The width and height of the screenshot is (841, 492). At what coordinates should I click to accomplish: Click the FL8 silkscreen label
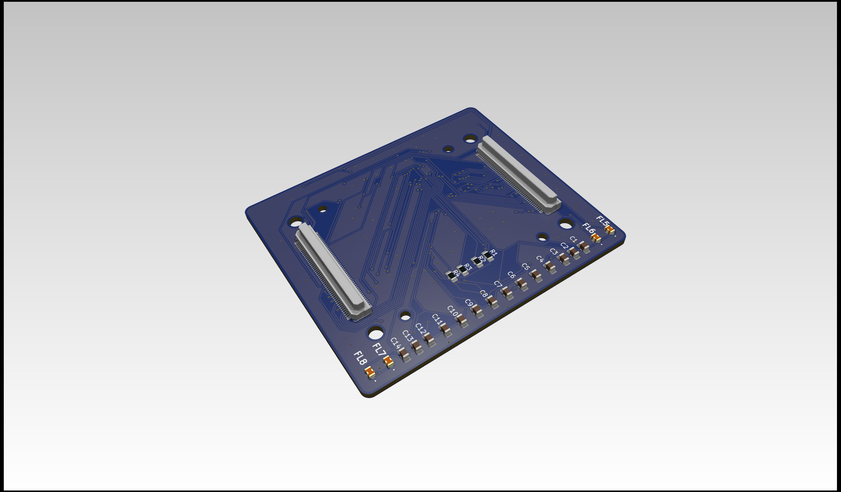(x=360, y=358)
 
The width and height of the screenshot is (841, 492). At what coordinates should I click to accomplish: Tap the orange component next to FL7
(x=388, y=361)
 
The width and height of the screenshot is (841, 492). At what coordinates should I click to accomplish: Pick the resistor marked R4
(x=451, y=276)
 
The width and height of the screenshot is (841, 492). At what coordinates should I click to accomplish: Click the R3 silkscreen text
(x=468, y=267)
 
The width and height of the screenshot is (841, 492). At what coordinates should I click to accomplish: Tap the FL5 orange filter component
(x=610, y=229)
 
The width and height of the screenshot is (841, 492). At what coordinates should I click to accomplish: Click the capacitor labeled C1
(x=584, y=246)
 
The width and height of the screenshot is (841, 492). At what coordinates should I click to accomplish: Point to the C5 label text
(x=526, y=266)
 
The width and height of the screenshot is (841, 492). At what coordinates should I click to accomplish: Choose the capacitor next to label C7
(x=507, y=293)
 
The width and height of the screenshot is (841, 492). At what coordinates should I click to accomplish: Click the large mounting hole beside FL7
(x=376, y=333)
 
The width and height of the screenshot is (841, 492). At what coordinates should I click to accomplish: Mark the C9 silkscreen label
(x=469, y=303)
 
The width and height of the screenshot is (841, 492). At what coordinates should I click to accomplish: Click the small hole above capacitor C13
(x=405, y=315)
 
